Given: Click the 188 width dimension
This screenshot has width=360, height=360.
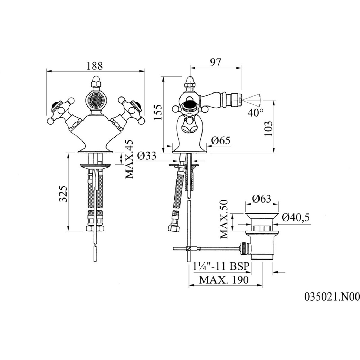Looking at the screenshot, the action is click(x=94, y=66).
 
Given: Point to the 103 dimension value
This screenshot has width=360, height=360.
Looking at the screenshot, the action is click(x=268, y=128).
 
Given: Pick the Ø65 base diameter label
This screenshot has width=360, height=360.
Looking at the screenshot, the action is click(x=220, y=140).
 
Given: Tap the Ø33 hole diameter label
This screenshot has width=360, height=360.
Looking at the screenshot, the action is click(x=146, y=156).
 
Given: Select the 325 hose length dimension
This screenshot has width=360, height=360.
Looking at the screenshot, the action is click(x=63, y=194).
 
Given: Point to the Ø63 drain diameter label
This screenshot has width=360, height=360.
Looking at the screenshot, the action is click(x=262, y=199).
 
